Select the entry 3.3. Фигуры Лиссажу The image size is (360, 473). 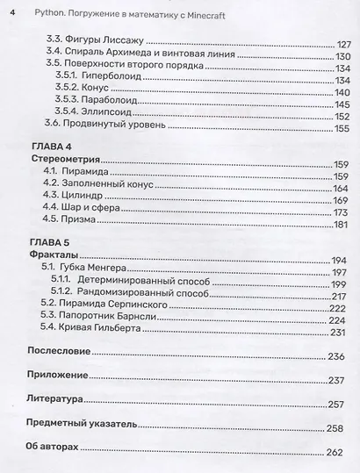[94, 42]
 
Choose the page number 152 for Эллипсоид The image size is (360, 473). [342, 118]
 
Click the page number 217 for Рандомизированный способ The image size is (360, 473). [341, 296]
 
